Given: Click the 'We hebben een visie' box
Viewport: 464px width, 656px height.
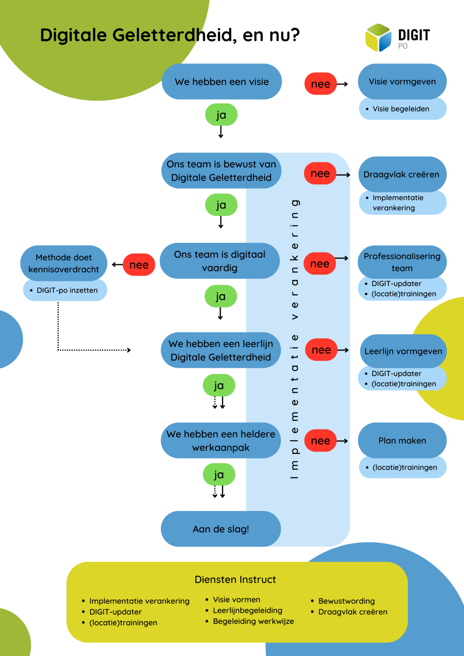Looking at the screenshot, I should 222,82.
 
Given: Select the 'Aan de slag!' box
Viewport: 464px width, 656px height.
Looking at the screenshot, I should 221,529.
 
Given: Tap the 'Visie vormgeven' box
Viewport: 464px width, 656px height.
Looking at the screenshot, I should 402,82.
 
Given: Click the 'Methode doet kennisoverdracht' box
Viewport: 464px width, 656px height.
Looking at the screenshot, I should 64,263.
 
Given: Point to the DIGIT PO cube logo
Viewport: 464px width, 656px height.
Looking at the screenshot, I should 378,38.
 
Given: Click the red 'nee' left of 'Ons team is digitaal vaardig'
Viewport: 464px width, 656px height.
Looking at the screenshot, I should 139,265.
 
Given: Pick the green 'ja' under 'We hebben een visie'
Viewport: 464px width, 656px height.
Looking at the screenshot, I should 221,115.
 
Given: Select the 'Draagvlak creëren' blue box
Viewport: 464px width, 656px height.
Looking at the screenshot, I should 401,174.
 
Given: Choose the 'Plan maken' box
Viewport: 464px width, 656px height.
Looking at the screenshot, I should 402,441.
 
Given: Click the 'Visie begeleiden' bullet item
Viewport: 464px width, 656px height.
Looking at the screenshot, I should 401,109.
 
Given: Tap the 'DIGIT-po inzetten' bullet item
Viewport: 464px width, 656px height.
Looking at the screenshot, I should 67,290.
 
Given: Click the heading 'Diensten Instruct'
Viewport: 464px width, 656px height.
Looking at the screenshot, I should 235,579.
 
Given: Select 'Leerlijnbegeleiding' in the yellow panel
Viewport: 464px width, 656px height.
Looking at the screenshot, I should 247,610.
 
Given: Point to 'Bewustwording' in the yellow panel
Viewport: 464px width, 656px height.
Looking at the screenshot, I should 346,601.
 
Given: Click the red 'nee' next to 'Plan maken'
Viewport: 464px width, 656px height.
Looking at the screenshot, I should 320,441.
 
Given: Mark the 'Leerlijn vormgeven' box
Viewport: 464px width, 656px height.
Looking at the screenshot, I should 403,351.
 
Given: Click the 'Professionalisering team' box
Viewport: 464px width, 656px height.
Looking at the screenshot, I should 402,262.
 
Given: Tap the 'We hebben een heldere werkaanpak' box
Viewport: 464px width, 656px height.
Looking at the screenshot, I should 221,441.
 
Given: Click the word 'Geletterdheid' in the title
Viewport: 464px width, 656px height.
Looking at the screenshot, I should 174,35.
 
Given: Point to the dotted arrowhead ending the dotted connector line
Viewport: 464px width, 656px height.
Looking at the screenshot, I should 129,350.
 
